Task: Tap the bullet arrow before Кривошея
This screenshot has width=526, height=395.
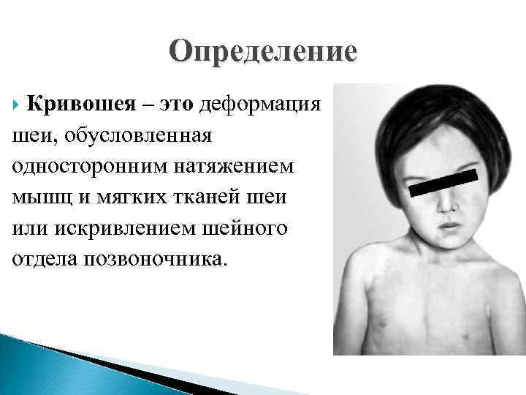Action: click(x=17, y=105)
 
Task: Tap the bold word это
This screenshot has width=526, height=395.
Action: click(x=169, y=105)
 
